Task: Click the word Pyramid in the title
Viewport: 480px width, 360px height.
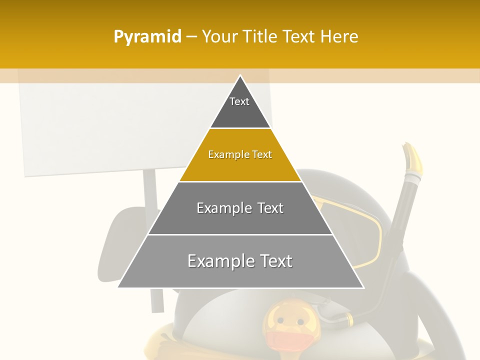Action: click(147, 36)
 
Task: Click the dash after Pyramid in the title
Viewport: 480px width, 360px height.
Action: click(191, 37)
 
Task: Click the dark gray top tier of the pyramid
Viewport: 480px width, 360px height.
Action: click(240, 112)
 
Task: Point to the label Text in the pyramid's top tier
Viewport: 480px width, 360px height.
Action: click(239, 101)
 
